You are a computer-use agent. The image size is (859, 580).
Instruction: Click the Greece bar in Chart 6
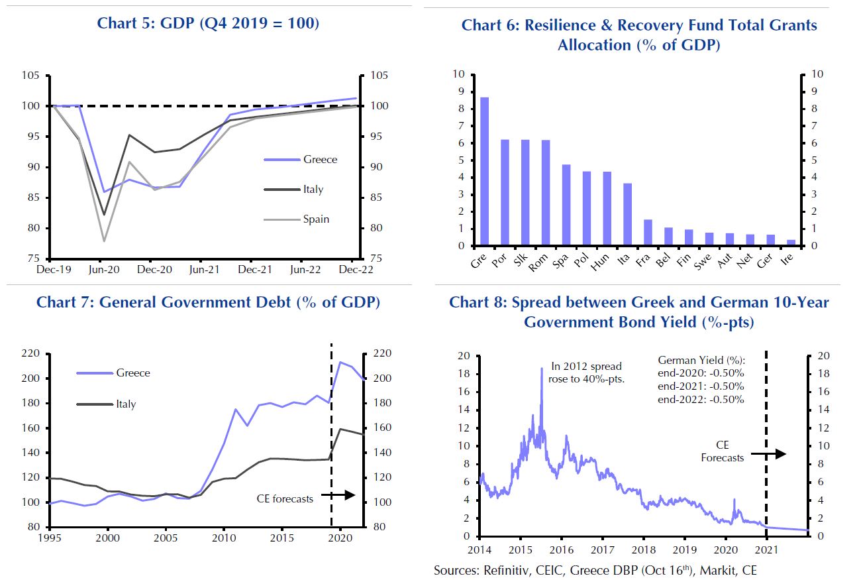click(485, 172)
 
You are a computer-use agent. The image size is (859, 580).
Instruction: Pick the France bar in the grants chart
click(648, 233)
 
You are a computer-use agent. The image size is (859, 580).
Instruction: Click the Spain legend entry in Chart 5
click(316, 219)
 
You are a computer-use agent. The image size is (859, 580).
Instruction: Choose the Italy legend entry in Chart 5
click(313, 190)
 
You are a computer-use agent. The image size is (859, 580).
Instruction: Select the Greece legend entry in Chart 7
click(133, 373)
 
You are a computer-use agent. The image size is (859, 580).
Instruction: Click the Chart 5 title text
click(208, 24)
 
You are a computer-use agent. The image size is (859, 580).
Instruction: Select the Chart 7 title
click(208, 302)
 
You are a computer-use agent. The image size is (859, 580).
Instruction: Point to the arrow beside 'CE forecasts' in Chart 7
click(338, 494)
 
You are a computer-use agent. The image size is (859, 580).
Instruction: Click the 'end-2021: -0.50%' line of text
click(701, 386)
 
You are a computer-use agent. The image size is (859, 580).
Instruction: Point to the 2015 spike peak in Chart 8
click(541, 369)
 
